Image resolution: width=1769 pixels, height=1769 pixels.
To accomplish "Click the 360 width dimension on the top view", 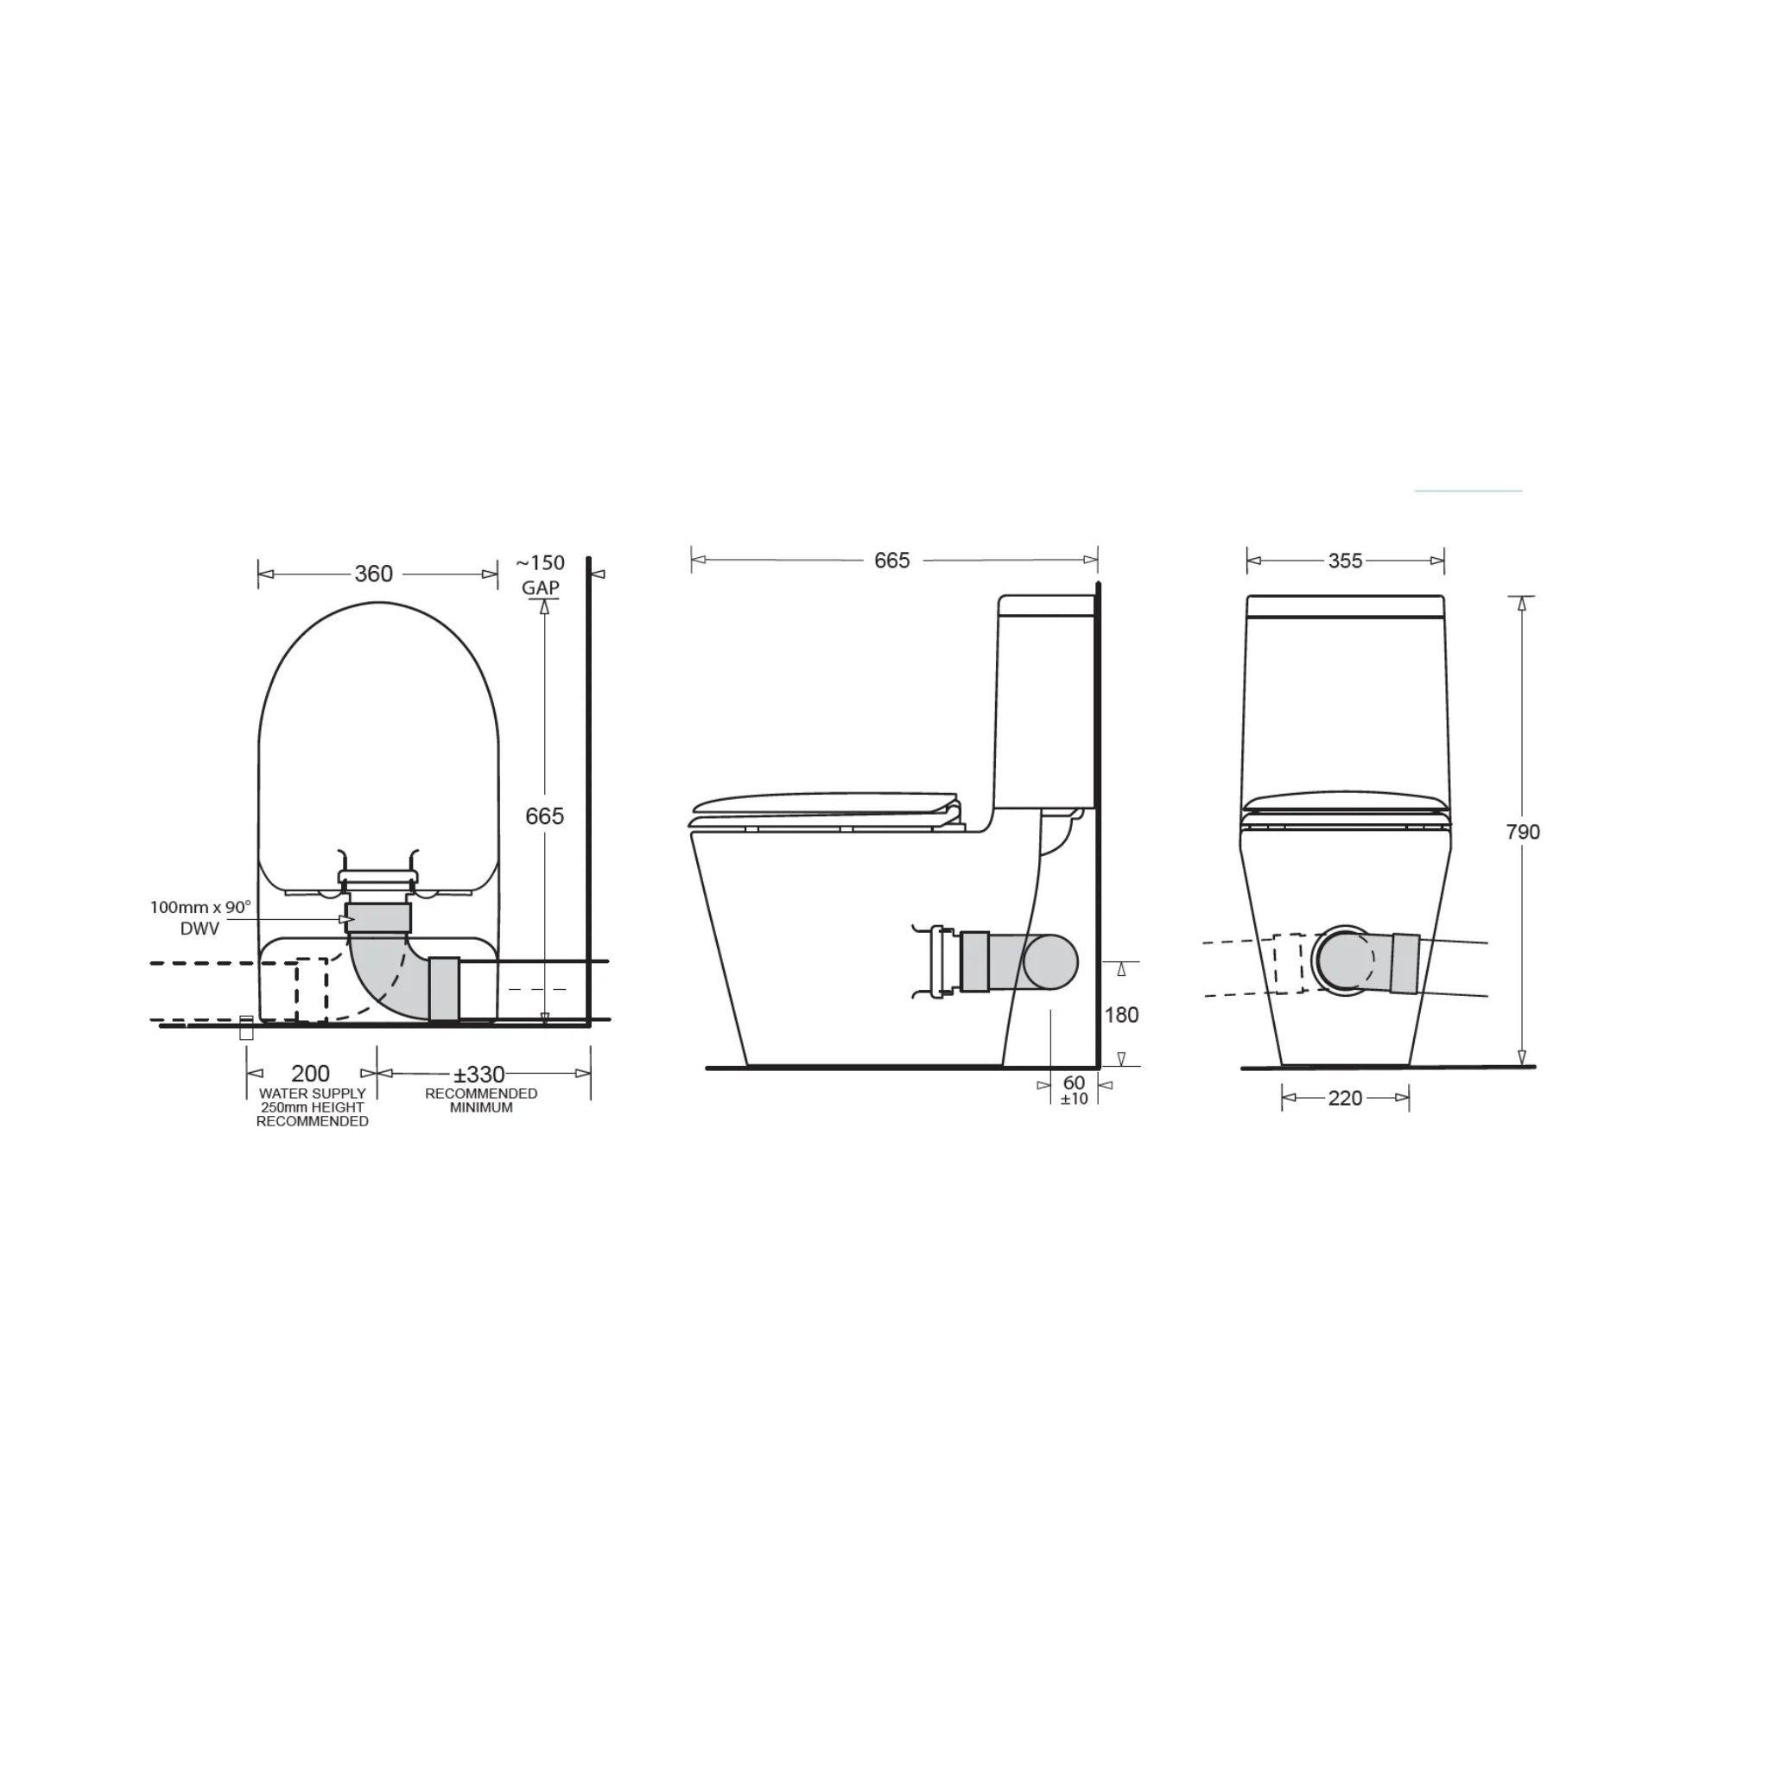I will (372, 574).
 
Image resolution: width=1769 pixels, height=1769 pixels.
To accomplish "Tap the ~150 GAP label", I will (541, 574).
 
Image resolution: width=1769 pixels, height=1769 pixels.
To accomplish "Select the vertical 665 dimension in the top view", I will (545, 815).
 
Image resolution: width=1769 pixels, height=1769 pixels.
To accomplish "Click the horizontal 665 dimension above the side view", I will (891, 561).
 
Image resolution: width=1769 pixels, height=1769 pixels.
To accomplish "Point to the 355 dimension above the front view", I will (1345, 561).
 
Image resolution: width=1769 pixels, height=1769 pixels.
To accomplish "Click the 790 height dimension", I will (1523, 832).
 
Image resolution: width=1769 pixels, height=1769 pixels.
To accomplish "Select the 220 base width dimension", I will (1344, 1098).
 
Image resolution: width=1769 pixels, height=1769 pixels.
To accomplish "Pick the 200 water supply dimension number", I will (310, 1074).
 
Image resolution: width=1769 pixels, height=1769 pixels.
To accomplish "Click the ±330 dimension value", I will (479, 1074).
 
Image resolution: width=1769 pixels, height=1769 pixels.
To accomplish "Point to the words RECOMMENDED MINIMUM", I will (481, 1100).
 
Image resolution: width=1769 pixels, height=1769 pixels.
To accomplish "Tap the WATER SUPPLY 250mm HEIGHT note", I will (312, 1107).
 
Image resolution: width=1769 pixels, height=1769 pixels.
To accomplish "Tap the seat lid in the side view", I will (824, 803).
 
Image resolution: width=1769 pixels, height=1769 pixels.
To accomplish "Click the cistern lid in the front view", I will (1345, 606).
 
